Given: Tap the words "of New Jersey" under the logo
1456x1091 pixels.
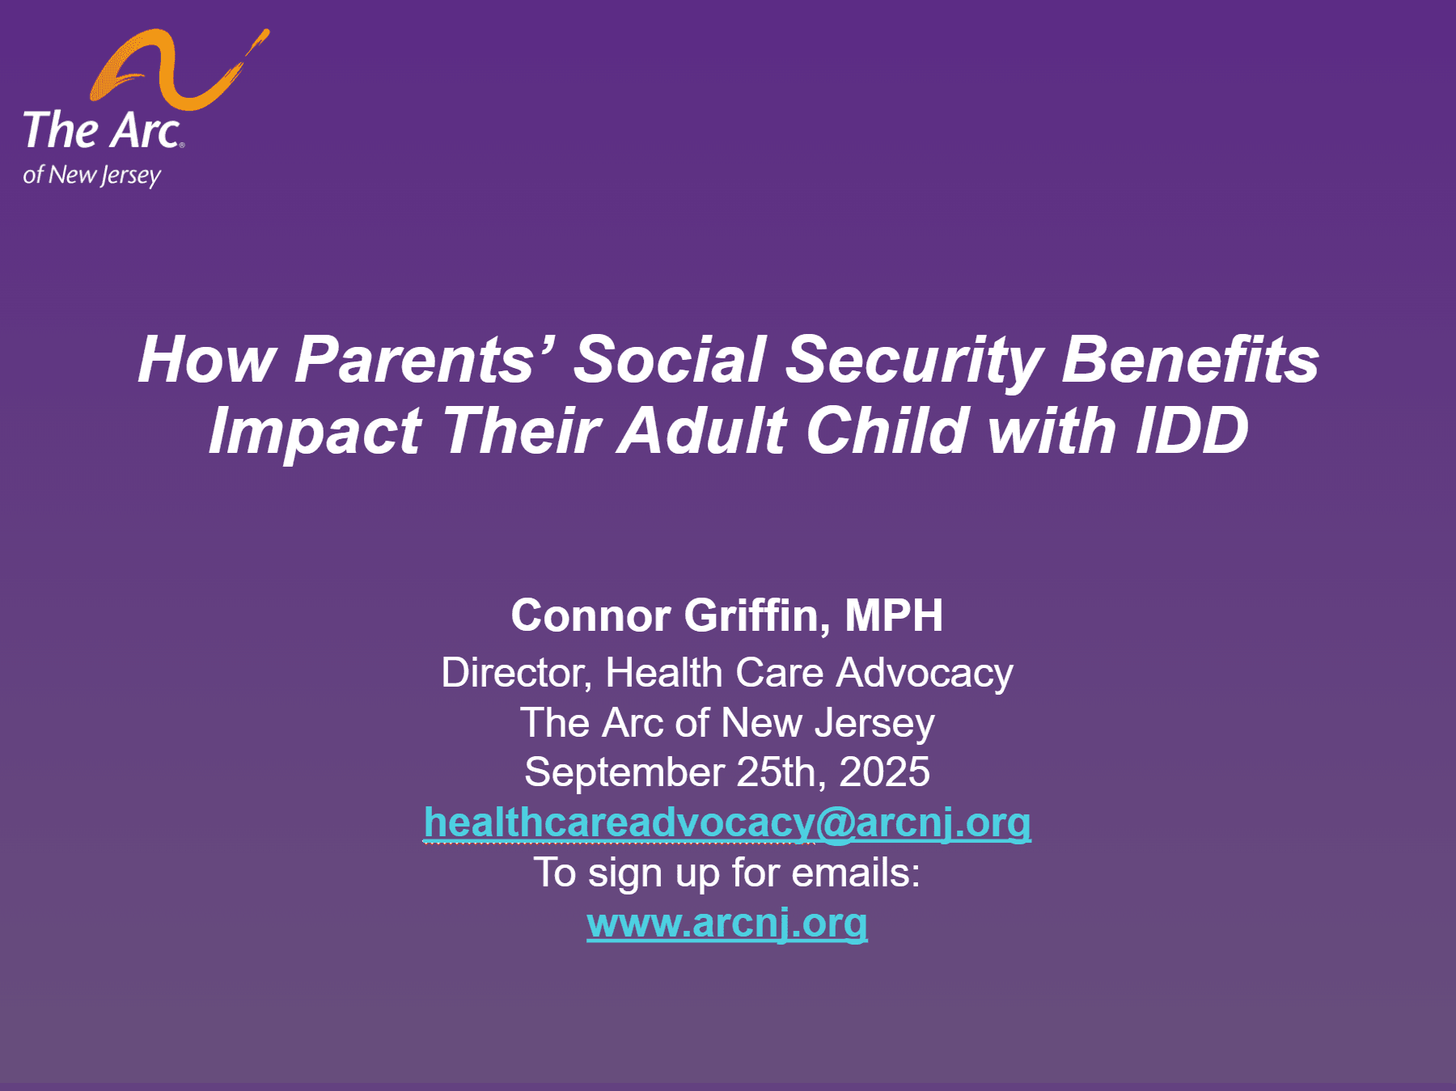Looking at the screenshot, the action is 92,175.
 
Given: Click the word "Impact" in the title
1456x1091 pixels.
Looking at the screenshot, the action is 315,432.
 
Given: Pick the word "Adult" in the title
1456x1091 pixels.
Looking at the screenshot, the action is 704,430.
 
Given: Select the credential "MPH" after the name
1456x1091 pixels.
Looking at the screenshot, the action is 894,615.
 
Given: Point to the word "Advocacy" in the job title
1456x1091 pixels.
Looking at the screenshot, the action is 925,674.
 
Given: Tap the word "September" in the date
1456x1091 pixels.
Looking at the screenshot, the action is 624,773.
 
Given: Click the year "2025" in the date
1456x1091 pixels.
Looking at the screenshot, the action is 884,772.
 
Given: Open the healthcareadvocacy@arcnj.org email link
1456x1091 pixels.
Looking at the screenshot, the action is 727,823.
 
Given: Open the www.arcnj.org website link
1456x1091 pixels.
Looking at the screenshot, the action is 727,924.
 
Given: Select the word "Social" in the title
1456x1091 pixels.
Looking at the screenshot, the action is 670,359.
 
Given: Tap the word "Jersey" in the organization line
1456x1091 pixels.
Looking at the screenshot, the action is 874,724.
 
